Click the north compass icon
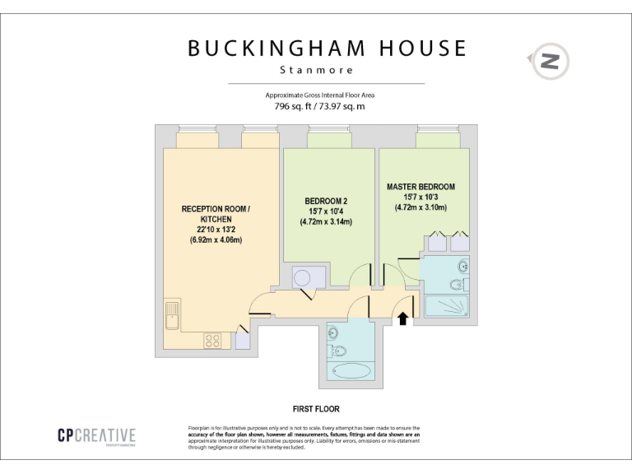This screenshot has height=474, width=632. (550, 61)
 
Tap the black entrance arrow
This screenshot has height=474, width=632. (403, 317)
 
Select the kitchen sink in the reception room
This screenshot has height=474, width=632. (173, 314)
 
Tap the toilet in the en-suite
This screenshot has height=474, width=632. (458, 285)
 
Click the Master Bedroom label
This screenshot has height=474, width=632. (421, 187)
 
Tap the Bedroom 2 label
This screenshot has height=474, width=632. (326, 201)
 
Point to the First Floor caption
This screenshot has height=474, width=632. (316, 408)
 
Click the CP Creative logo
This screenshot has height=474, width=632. (96, 436)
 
